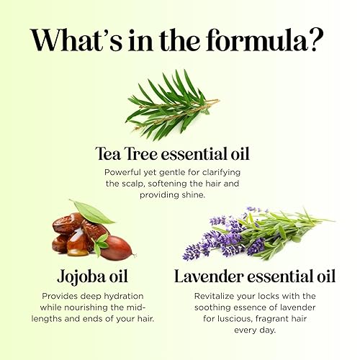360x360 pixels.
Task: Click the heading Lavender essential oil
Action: [x=254, y=276]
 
